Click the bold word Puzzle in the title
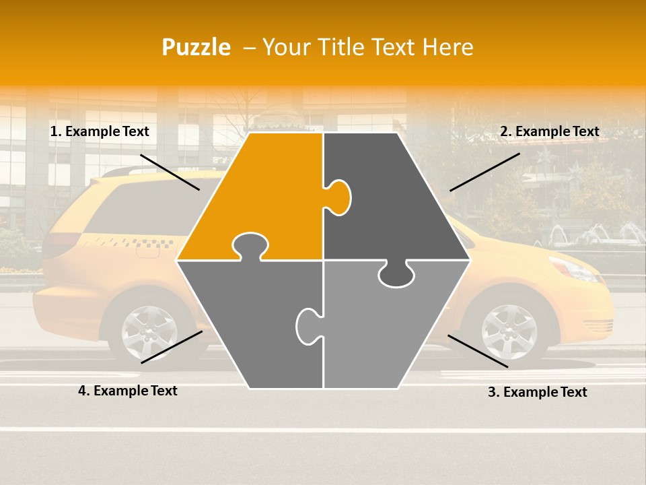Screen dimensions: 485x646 [x=196, y=47]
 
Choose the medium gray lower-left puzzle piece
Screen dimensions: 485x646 [x=249, y=323]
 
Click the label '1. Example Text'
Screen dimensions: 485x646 [x=100, y=132]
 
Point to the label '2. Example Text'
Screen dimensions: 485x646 [x=549, y=132]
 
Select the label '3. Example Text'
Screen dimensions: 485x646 [x=537, y=392]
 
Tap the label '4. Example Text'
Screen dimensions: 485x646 [x=128, y=391]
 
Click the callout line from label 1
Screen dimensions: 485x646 [x=170, y=172]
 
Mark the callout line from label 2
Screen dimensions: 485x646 [x=485, y=172]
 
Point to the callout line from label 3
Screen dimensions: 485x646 [x=478, y=351]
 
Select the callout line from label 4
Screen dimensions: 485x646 [x=172, y=347]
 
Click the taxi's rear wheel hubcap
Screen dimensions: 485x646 [x=149, y=332]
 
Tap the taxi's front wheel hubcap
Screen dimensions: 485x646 [x=509, y=331]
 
